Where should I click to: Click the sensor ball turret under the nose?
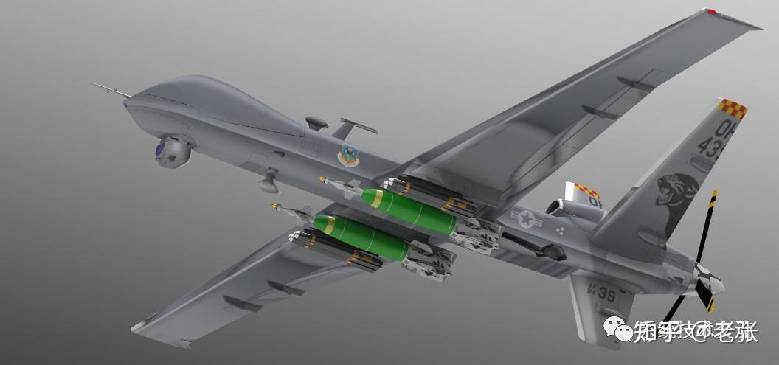point(173,152)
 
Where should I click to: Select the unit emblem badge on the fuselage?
point(348,155)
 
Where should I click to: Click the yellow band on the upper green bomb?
point(378,198)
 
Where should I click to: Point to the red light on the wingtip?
point(711,12)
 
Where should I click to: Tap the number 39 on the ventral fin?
point(606,294)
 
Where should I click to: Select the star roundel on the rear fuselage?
point(526,218)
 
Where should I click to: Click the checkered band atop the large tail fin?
point(732,108)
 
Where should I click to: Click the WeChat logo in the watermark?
point(617,330)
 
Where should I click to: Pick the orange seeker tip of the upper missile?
point(322,179)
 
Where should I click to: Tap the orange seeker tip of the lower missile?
point(274,206)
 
